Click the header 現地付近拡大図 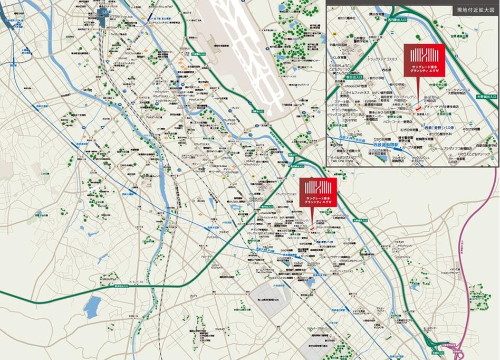click(474, 10)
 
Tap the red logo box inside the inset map click(425, 59)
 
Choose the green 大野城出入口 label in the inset click(486, 97)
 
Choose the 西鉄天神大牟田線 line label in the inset click(349, 139)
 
